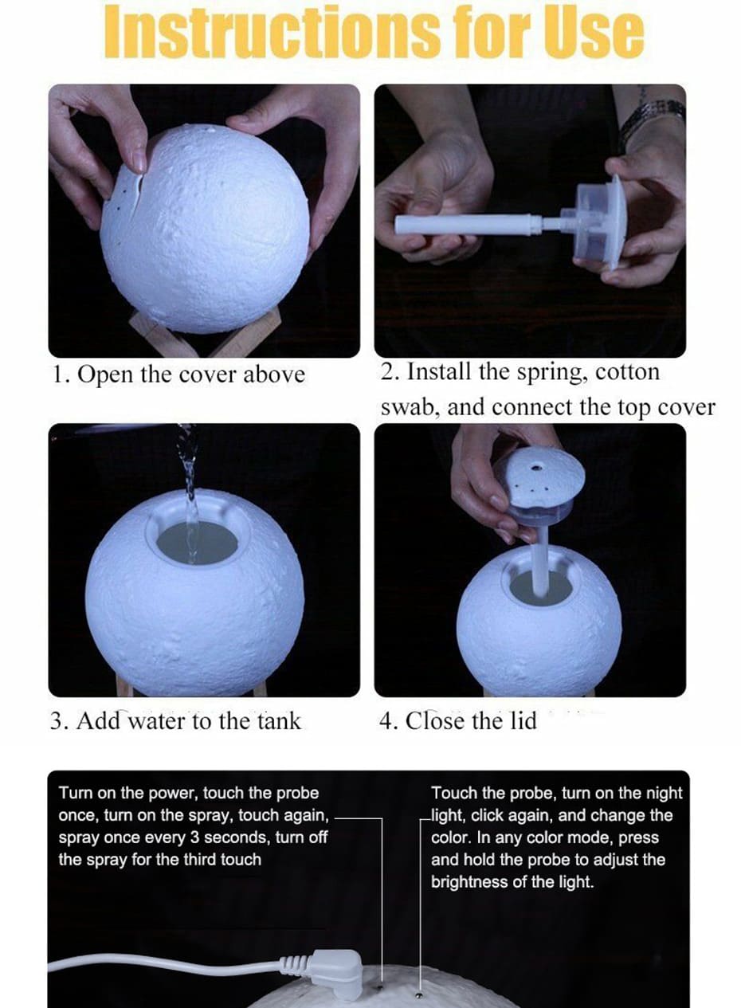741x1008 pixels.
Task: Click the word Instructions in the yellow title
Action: click(x=272, y=32)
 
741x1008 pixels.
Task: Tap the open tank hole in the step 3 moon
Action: click(x=197, y=543)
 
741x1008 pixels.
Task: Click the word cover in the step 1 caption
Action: click(x=207, y=375)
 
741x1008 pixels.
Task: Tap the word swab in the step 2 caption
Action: click(x=410, y=407)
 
